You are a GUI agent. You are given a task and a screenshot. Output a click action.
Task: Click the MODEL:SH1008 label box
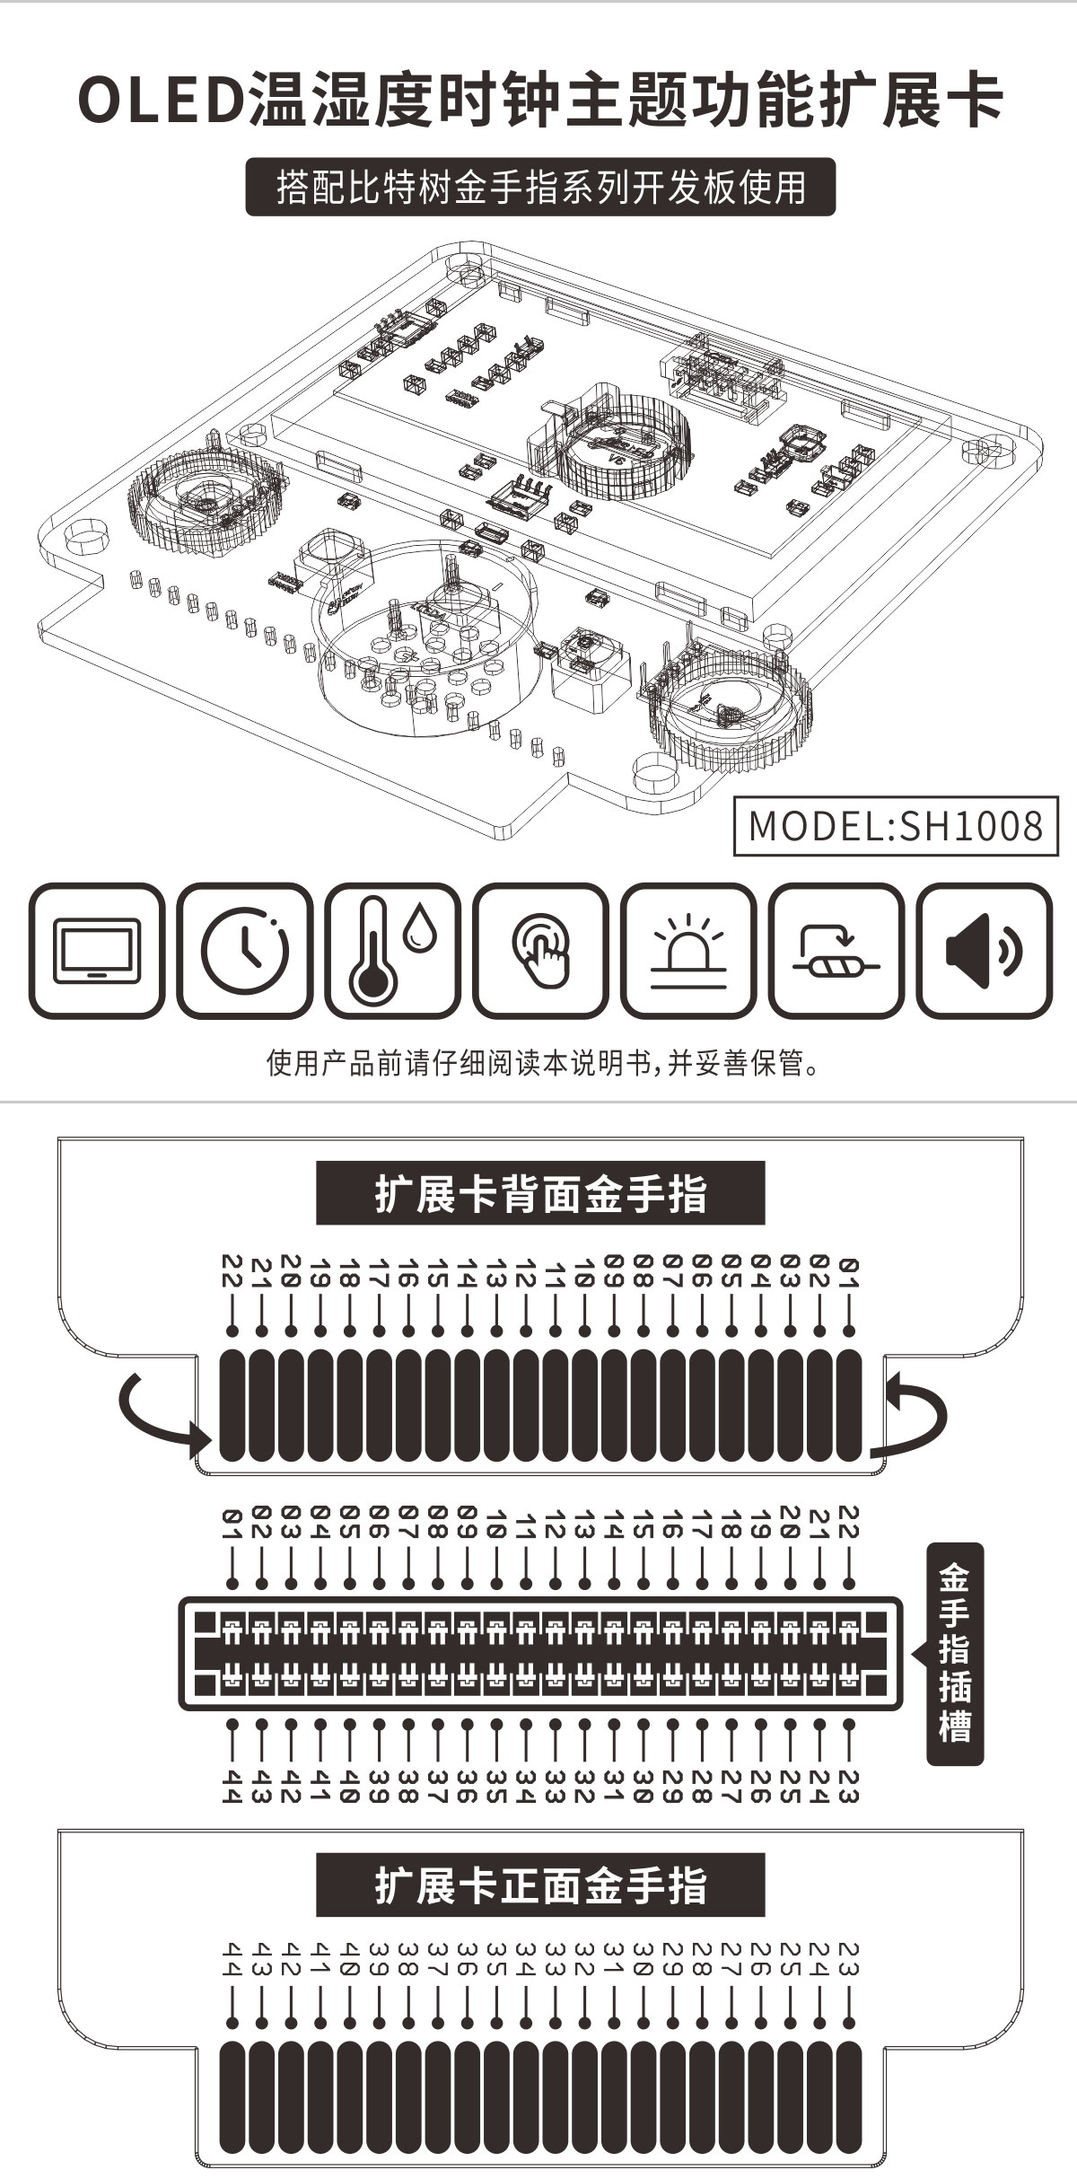(x=896, y=824)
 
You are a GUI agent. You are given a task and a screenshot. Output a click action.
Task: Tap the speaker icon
(x=984, y=951)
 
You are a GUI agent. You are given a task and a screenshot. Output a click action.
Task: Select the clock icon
(x=245, y=951)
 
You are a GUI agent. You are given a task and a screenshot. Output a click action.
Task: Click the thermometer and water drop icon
(x=392, y=951)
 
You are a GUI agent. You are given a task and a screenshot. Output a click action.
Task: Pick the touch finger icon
(x=540, y=951)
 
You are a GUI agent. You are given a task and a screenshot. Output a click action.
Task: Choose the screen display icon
(x=97, y=951)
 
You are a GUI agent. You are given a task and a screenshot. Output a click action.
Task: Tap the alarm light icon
(x=688, y=951)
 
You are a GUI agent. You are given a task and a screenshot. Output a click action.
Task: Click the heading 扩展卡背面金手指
(x=540, y=1193)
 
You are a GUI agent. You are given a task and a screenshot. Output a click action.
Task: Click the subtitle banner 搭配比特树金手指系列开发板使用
(x=540, y=187)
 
